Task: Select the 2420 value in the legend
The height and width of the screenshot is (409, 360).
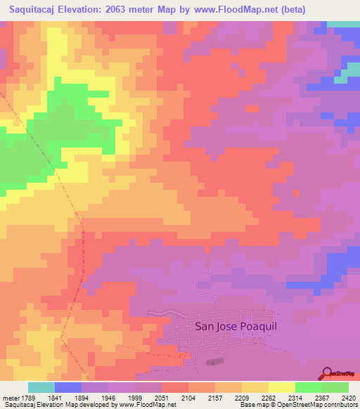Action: [347, 398]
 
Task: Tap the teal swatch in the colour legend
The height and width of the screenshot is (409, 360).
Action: [41, 387]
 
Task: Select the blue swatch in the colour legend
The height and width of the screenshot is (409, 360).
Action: [68, 387]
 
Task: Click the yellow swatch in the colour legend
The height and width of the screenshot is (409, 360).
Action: [281, 387]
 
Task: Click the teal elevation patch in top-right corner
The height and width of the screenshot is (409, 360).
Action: [343, 24]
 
